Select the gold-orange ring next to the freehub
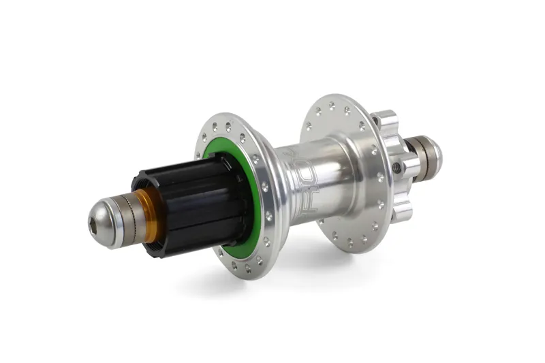coord(151,217)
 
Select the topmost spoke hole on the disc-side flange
coord(332,106)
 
